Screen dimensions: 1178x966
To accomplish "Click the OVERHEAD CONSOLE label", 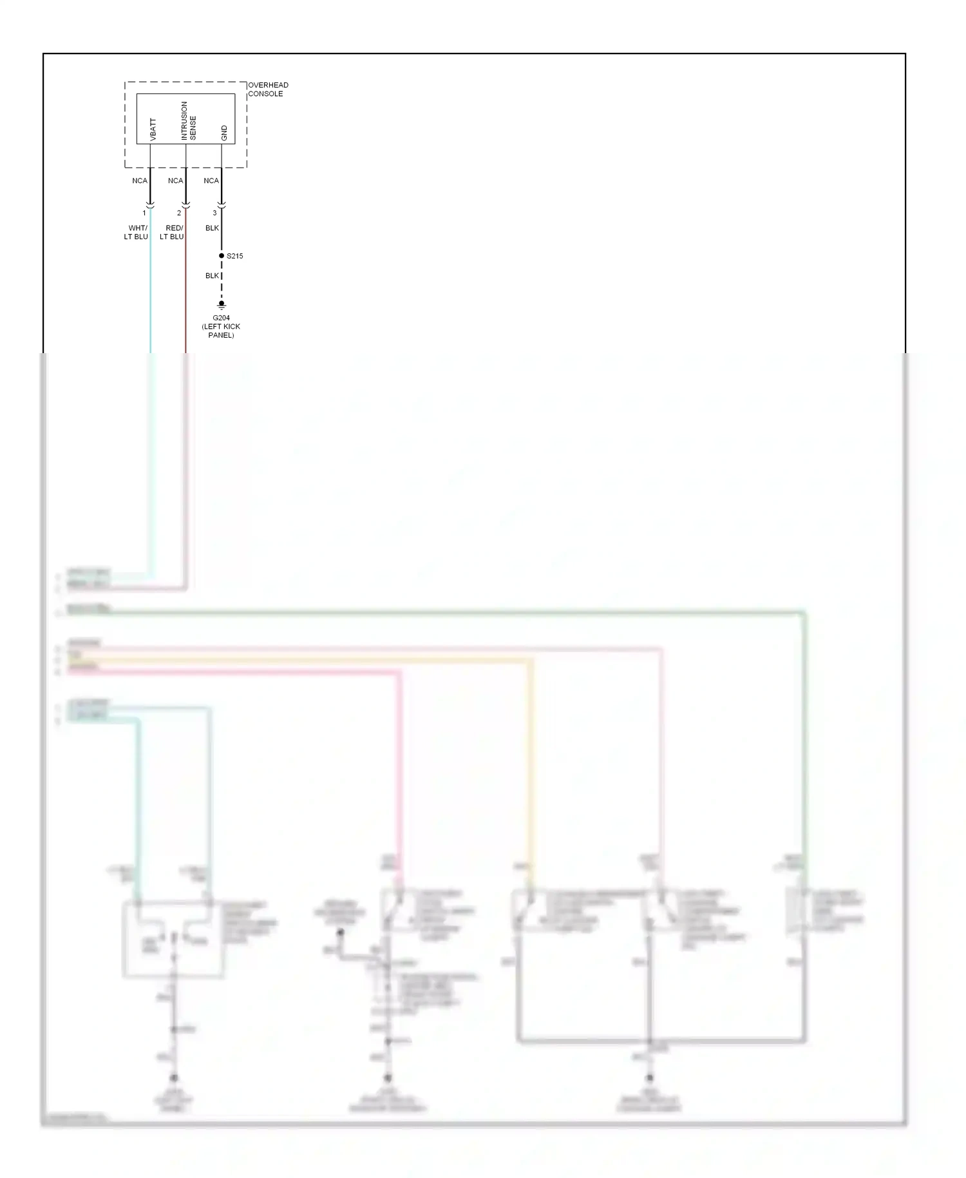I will point(268,89).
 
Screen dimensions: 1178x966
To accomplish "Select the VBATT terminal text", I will point(153,129).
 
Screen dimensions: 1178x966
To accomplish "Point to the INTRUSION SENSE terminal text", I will point(188,121).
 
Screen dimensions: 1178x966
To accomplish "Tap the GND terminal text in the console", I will point(224,133).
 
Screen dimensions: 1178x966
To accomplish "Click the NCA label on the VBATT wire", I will point(139,180).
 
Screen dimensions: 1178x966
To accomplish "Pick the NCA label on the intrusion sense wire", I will point(175,180).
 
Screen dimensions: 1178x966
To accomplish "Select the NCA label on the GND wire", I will point(211,180).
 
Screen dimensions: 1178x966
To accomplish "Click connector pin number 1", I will point(144,213).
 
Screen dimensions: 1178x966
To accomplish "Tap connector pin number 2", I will point(179,213).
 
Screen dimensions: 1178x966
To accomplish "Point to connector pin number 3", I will point(214,213).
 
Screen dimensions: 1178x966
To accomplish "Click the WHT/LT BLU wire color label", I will point(137,232).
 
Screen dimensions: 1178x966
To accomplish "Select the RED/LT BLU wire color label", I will point(172,232).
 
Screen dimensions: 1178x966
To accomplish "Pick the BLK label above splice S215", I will point(212,228).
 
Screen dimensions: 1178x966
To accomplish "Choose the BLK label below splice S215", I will point(212,276).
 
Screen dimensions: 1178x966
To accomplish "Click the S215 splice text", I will point(235,256).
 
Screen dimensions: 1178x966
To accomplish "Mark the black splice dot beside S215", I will point(222,256).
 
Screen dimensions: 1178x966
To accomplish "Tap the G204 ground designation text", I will point(221,318).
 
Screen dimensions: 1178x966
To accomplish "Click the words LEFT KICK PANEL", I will point(221,331).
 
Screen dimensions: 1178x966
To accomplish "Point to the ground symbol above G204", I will point(222,305).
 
